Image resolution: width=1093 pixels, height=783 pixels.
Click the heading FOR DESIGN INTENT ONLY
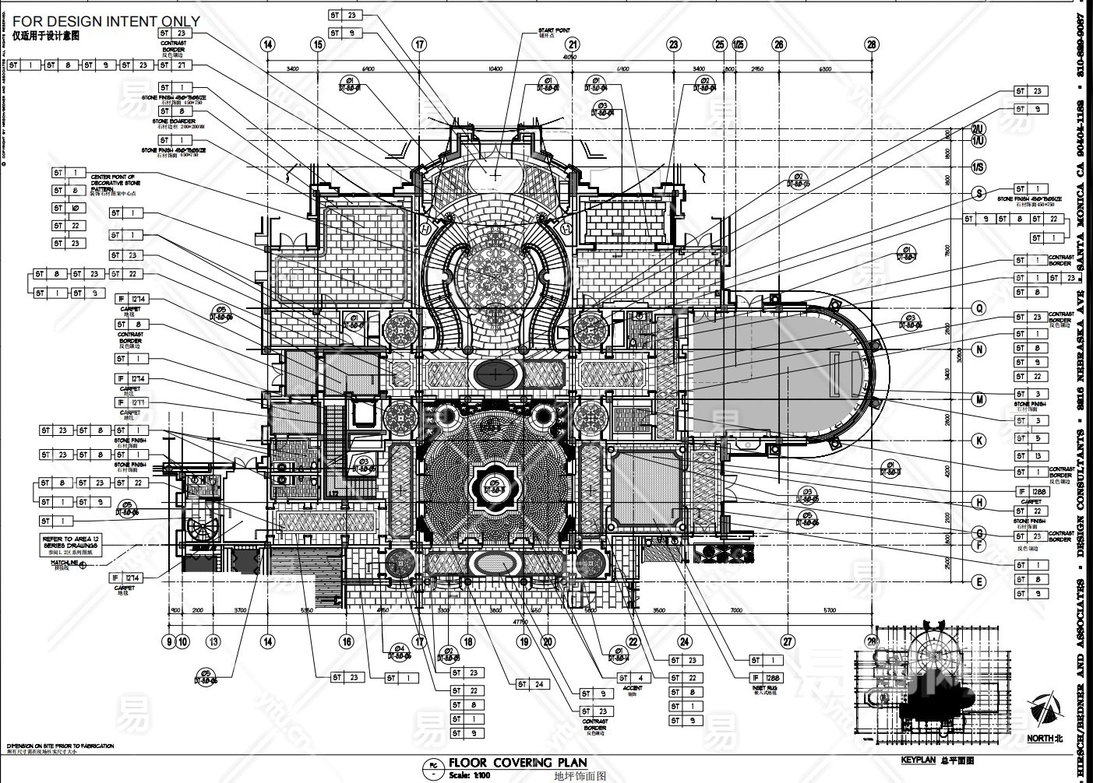click(106, 22)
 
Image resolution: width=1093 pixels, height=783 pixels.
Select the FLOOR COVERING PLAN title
click(518, 764)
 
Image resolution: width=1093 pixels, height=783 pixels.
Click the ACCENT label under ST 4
click(633, 688)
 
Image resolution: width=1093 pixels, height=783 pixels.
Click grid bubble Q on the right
click(979, 308)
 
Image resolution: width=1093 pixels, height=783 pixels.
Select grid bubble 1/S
click(978, 167)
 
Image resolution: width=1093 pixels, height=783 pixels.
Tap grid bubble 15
click(318, 45)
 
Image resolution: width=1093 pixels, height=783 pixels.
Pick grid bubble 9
click(168, 642)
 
